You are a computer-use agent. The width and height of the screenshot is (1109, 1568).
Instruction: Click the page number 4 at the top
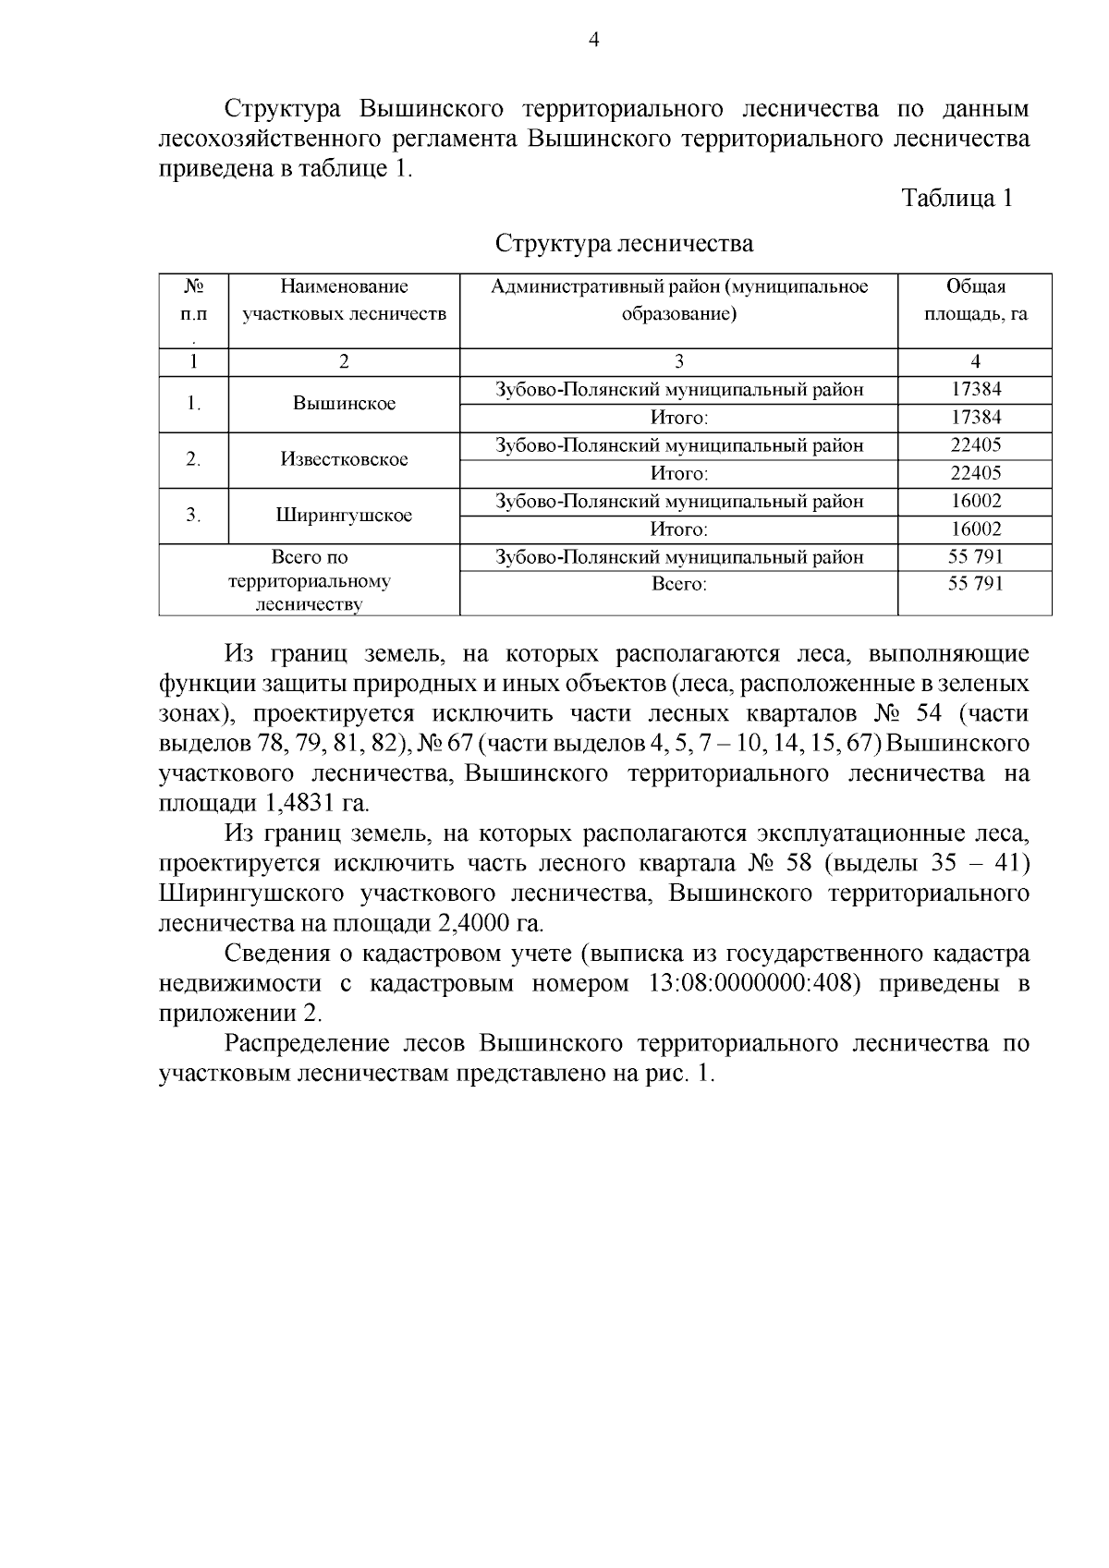(594, 40)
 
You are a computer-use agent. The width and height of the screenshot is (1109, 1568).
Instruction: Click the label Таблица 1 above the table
(957, 199)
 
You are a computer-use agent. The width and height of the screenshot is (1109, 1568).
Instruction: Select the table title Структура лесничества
(624, 244)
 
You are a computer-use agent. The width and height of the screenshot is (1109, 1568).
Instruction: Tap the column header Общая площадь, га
(975, 300)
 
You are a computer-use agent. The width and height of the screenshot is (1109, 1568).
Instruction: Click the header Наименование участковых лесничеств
(344, 300)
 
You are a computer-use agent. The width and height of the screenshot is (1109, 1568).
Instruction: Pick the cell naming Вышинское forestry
(344, 404)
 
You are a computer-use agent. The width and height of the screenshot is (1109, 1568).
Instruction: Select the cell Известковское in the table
(344, 459)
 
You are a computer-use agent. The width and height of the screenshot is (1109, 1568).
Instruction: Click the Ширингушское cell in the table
(344, 516)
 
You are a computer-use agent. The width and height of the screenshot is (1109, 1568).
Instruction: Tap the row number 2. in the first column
(193, 459)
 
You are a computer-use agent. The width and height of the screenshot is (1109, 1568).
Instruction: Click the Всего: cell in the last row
(678, 585)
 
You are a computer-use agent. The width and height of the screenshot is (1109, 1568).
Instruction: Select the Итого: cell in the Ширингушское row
(678, 529)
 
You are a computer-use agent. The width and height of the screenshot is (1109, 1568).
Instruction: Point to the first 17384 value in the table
(976, 390)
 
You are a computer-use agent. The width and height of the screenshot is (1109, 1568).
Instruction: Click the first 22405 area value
(976, 445)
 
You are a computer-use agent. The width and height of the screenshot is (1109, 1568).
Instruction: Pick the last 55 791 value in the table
(976, 584)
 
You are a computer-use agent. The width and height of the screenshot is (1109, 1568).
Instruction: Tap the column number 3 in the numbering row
(678, 362)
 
